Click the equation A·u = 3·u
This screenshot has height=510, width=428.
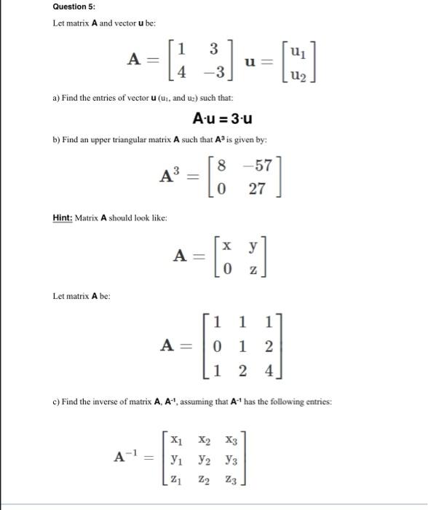click(x=223, y=119)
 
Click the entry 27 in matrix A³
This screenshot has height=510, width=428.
click(x=258, y=190)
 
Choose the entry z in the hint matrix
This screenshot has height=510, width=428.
click(x=253, y=269)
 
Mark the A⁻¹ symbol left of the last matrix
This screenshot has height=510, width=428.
click(x=128, y=457)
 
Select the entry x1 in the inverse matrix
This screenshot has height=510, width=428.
click(x=175, y=440)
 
